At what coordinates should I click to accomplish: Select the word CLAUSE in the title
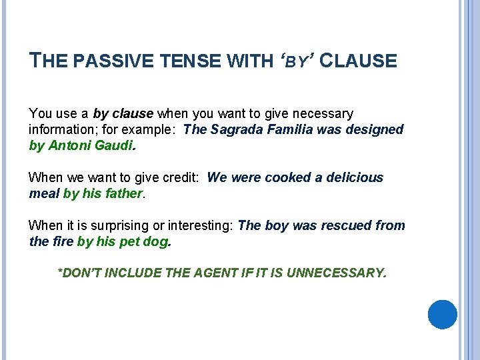coord(358,62)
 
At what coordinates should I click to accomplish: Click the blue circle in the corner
coord(442,314)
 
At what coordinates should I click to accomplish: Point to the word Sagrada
coord(237,129)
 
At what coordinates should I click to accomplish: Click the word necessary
coord(326,114)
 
